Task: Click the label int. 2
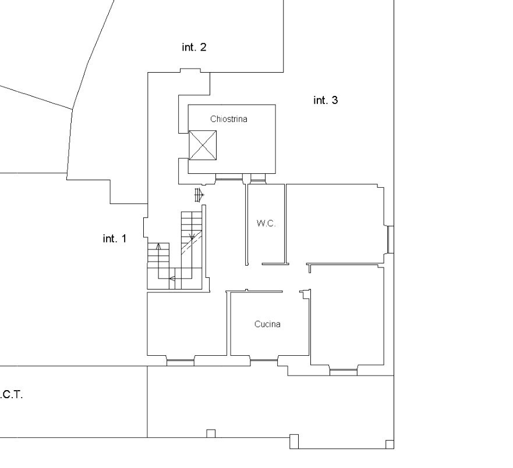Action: pyautogui.click(x=194, y=47)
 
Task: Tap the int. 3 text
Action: pyautogui.click(x=326, y=100)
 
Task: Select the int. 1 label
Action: pyautogui.click(x=115, y=239)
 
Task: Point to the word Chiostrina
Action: pyautogui.click(x=229, y=119)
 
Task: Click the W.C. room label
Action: pyautogui.click(x=266, y=223)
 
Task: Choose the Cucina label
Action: pyautogui.click(x=267, y=324)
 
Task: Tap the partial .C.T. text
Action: pyautogui.click(x=12, y=395)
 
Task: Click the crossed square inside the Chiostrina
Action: pyautogui.click(x=203, y=145)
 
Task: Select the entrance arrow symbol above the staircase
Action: pyautogui.click(x=199, y=195)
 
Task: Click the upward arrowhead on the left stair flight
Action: pyautogui.click(x=159, y=246)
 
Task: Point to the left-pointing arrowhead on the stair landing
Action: pyautogui.click(x=172, y=278)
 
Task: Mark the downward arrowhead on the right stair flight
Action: pyautogui.click(x=192, y=236)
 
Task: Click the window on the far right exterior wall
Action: pyautogui.click(x=390, y=240)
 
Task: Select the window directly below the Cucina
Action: pyautogui.click(x=264, y=360)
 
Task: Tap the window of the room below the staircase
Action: pyautogui.click(x=181, y=361)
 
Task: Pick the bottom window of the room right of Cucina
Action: pyautogui.click(x=343, y=370)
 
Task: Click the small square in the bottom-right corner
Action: pyautogui.click(x=390, y=445)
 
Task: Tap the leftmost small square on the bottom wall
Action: pyautogui.click(x=211, y=433)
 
